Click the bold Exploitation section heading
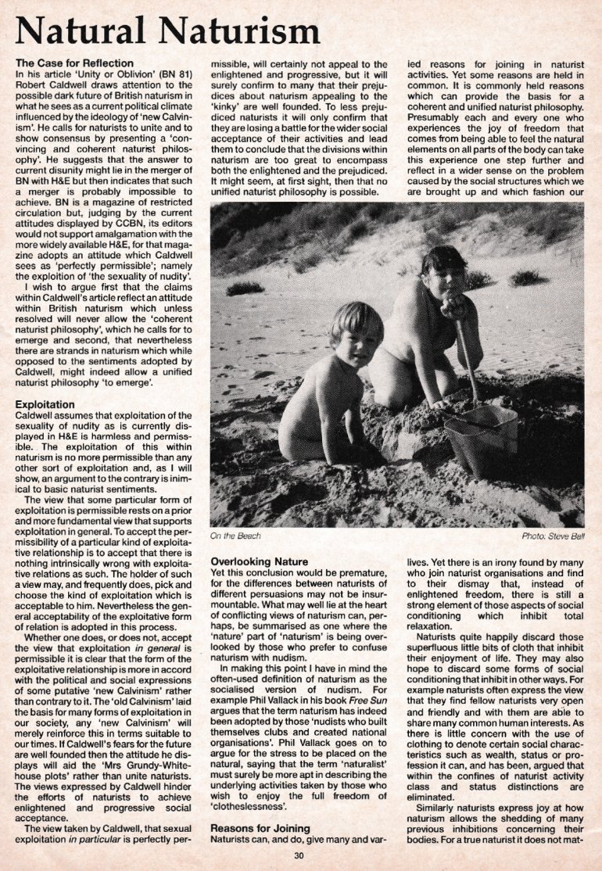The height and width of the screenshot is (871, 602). pos(45,404)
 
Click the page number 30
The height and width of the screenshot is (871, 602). pos(297,854)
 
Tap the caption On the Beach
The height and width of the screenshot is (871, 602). pos(235,536)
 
